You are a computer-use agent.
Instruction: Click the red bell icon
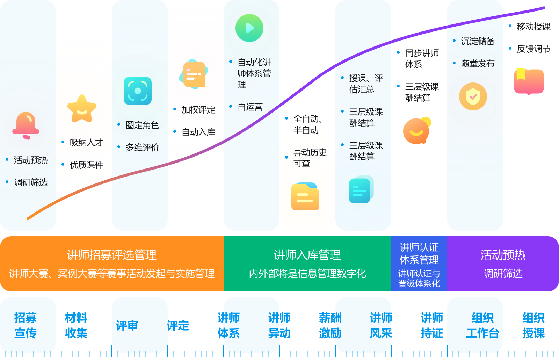click(26, 125)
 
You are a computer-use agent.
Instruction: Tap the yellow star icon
click(82, 109)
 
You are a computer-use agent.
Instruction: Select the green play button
click(249, 28)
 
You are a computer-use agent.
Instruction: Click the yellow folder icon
click(305, 197)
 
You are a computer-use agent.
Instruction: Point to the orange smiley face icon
click(416, 131)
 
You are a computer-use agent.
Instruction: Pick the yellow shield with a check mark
click(473, 96)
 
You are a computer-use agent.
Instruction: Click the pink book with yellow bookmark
click(529, 81)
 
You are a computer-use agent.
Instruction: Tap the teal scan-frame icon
click(138, 91)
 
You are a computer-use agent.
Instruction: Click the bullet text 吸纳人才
click(86, 143)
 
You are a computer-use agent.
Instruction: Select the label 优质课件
click(86, 165)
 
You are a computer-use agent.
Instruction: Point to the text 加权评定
click(198, 110)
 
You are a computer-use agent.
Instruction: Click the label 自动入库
click(198, 132)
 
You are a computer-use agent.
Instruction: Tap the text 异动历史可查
click(310, 158)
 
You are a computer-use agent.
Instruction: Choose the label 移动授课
click(533, 27)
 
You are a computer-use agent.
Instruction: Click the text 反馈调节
click(533, 49)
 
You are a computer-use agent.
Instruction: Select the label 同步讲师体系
click(421, 59)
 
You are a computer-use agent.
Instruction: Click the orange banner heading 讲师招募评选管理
click(112, 255)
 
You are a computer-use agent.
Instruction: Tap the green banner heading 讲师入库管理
click(307, 255)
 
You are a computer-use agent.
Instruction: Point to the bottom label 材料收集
click(76, 325)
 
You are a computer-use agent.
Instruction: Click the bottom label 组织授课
click(533, 325)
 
